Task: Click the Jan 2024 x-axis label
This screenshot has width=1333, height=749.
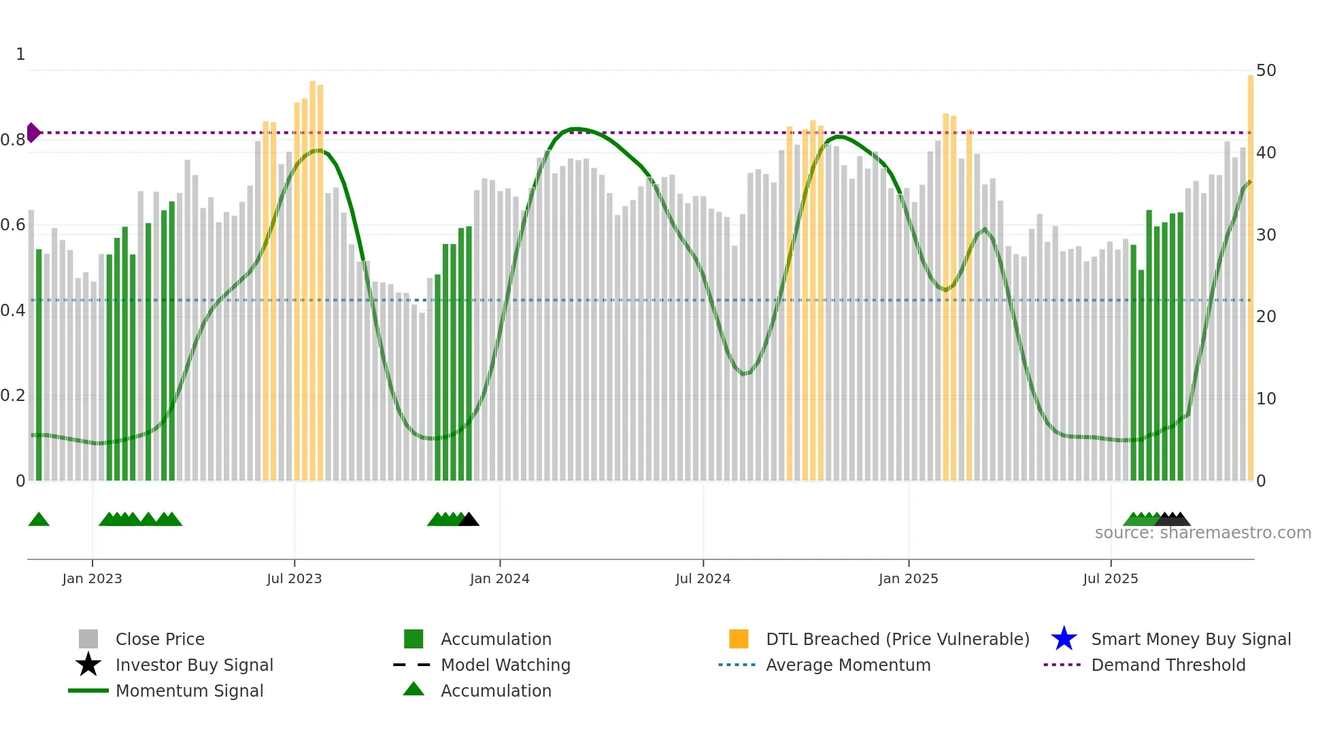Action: (499, 578)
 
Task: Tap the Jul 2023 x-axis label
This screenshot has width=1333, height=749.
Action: (294, 578)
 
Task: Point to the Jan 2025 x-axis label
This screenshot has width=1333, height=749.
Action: (908, 578)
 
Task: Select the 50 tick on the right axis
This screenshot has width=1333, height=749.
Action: (1266, 71)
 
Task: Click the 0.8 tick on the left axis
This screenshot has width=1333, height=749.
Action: (13, 140)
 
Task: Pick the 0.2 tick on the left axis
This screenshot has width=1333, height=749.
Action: (13, 396)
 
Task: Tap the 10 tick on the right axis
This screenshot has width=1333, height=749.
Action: (1266, 399)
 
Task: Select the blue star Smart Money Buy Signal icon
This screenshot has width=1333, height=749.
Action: (1064, 639)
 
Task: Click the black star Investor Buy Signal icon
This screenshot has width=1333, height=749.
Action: (88, 665)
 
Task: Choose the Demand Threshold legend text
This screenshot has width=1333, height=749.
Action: (1168, 665)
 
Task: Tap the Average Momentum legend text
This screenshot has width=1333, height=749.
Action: (848, 665)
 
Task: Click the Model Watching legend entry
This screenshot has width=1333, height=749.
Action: (505, 665)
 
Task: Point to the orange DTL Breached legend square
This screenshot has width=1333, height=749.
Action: (739, 639)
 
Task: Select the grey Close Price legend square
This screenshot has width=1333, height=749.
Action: (88, 639)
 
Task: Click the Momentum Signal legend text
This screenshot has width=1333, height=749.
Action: (189, 691)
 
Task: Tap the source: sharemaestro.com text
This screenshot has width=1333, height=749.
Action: (1202, 533)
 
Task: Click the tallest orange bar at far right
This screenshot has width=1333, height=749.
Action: (1250, 272)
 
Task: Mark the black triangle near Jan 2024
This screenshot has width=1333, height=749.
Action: (469, 520)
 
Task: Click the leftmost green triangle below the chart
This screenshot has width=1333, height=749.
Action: (39, 520)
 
